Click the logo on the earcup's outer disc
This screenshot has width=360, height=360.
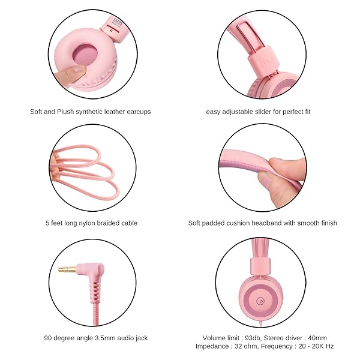tap(260, 301)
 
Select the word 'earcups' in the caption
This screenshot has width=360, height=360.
tap(139, 112)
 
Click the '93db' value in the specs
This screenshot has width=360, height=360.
tap(253, 338)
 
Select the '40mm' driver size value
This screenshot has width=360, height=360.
tap(317, 338)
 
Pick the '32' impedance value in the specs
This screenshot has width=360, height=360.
tap(238, 346)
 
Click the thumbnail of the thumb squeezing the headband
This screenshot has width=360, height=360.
tap(265, 179)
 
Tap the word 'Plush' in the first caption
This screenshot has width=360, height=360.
tap(65, 112)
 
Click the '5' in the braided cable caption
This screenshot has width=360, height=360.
tap(47, 223)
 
